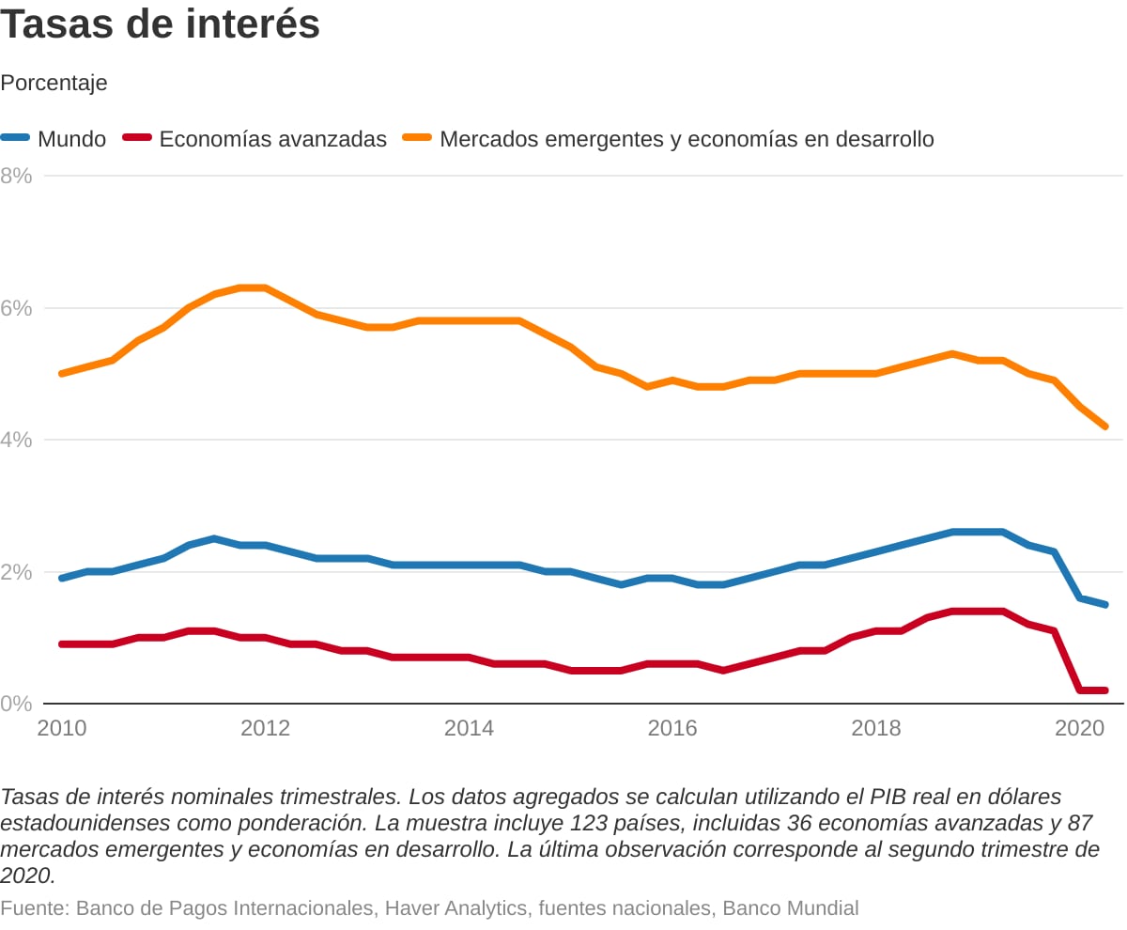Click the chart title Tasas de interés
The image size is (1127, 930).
[161, 25]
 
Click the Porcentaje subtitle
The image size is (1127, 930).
[54, 83]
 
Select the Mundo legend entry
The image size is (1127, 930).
[71, 139]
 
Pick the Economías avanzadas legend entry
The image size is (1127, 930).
[272, 139]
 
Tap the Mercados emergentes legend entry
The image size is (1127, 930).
[687, 139]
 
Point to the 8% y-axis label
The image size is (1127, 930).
[17, 176]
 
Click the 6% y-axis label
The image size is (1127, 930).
[17, 308]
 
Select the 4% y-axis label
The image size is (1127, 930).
[17, 440]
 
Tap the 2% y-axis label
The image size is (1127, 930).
[17, 572]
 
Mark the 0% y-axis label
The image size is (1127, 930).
[17, 704]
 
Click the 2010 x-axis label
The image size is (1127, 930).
[61, 728]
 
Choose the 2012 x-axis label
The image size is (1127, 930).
[265, 728]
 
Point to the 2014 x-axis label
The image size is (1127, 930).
[469, 728]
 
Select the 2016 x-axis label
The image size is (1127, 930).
[672, 728]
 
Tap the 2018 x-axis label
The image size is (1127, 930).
[876, 728]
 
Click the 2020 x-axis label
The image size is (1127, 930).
[1079, 728]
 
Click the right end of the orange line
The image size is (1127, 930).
[1105, 426]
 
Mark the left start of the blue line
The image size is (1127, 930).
[62, 578]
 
